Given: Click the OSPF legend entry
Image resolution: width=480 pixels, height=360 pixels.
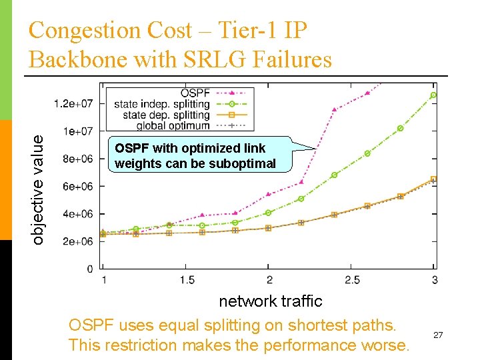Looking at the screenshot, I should pos(193,93).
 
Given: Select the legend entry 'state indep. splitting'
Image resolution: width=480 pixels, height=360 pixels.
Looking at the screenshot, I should pos(162,104).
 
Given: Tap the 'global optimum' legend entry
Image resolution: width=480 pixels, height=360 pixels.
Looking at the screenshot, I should pos(173,125).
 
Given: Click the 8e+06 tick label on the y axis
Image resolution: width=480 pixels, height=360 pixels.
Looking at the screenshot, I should pos(77,159).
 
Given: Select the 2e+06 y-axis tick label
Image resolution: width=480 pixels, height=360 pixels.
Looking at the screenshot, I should pos(77,241).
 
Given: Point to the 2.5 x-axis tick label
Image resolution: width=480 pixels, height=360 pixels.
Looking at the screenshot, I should pos(352,280).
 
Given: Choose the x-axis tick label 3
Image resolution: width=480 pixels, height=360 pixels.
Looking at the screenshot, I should pos(435,280).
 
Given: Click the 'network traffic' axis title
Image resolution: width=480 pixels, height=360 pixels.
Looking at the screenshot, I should pos(271,301).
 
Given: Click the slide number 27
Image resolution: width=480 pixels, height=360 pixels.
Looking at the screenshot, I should pos(438,335).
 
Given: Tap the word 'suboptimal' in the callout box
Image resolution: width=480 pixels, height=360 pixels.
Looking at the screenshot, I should pos(243,163).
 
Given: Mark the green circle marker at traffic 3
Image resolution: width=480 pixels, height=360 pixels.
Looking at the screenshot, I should pos(433,95).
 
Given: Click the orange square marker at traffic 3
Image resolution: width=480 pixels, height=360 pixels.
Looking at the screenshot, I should pos(433,179).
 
